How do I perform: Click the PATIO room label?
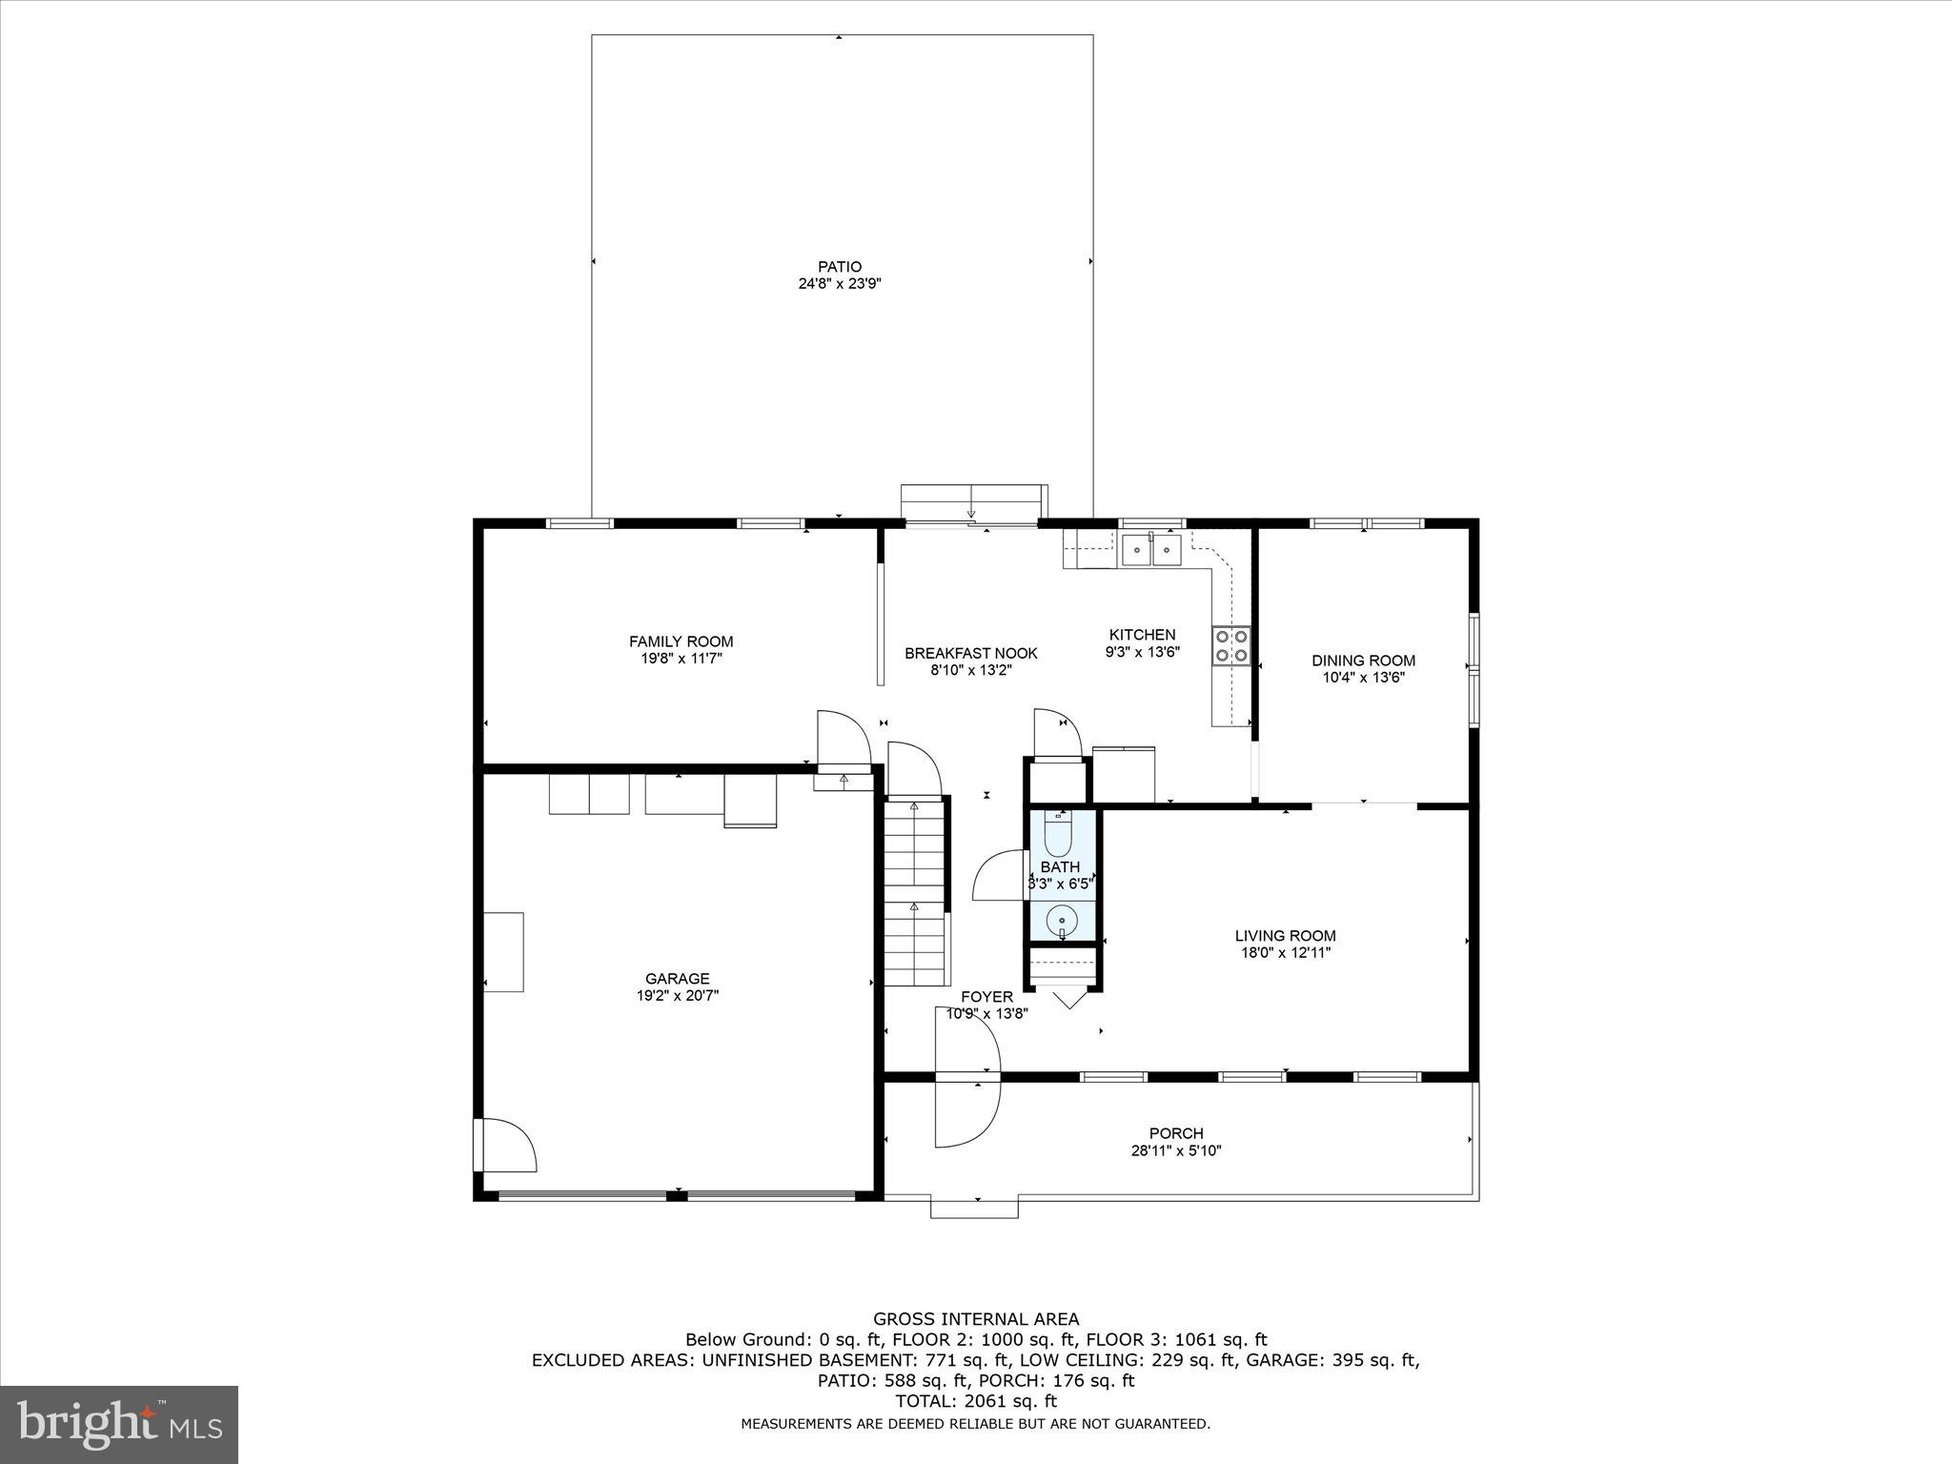[839, 267]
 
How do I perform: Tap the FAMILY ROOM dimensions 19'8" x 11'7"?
[681, 659]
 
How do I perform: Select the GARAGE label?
[677, 978]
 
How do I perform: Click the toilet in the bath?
[1059, 835]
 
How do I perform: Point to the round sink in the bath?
[1061, 921]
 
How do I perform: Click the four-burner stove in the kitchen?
[1230, 645]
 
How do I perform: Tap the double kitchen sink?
[1151, 550]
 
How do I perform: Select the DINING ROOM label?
[1363, 661]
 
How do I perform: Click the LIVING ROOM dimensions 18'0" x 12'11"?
[1285, 952]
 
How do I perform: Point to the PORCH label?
[1176, 1133]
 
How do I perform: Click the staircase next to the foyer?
[916, 891]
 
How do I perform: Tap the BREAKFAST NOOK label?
[970, 653]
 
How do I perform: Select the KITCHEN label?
[1142, 635]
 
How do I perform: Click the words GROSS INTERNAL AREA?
[976, 1319]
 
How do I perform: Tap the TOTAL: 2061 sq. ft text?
[976, 1401]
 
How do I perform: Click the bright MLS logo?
[119, 1424]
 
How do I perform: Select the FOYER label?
[986, 997]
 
